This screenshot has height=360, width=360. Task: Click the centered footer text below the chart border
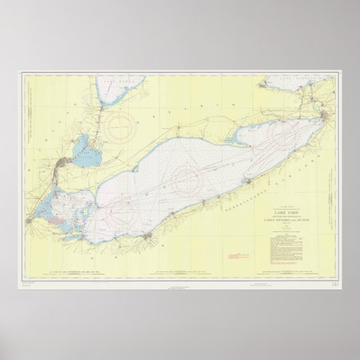180,286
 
